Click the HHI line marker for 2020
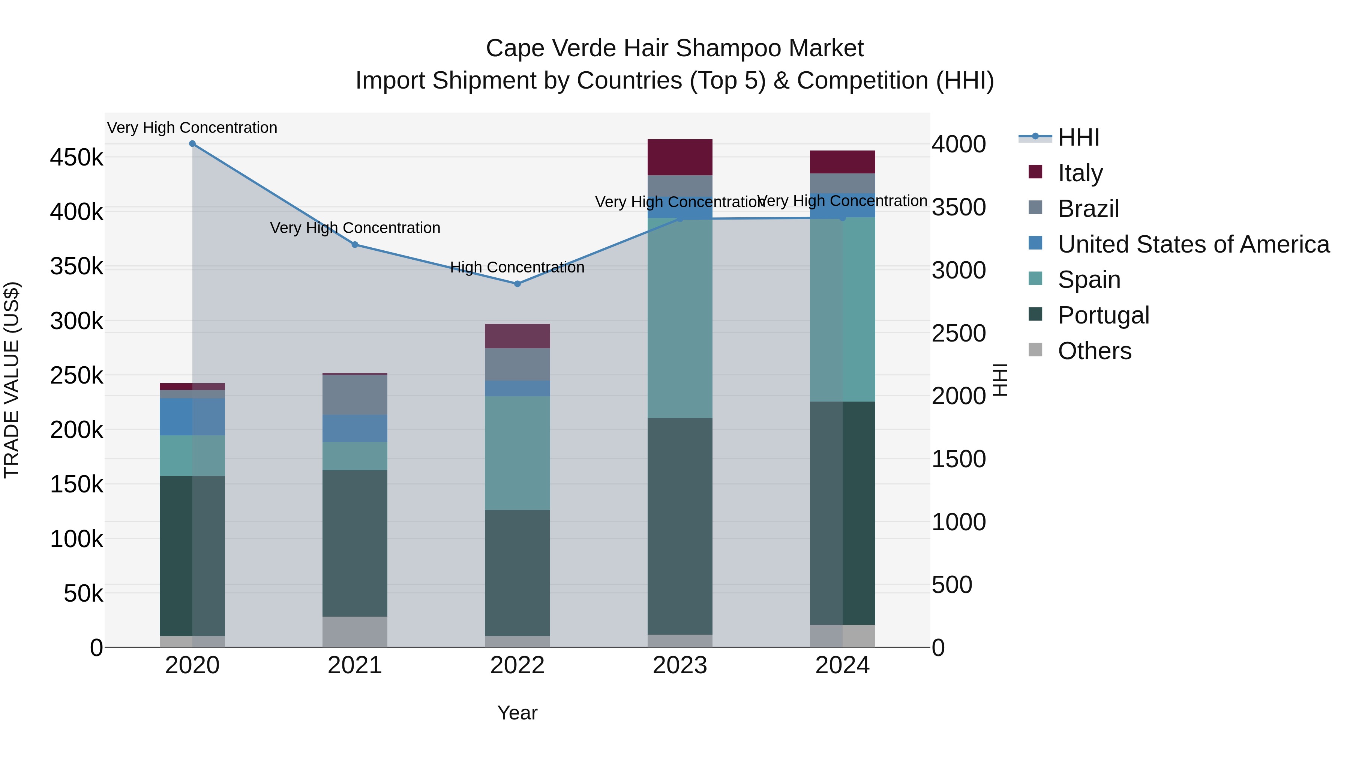click(192, 144)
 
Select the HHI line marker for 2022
click(517, 284)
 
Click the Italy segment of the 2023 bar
click(680, 157)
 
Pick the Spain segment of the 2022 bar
click(517, 453)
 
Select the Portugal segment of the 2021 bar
click(355, 543)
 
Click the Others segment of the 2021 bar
click(355, 632)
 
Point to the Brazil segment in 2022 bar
click(517, 364)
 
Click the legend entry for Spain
click(1089, 280)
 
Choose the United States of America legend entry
click(1193, 244)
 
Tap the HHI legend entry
click(1078, 137)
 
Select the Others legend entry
click(1094, 351)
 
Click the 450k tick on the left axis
click(76, 157)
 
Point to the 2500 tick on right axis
click(958, 334)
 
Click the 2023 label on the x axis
click(680, 665)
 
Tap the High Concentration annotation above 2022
click(517, 268)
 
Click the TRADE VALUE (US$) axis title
click(12, 380)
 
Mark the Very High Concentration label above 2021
click(355, 228)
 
